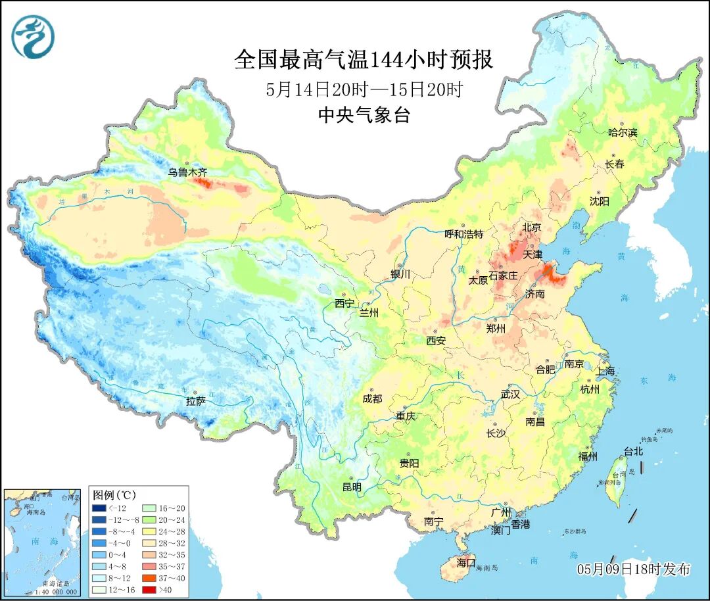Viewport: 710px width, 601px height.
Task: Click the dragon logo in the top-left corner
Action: click(x=32, y=36)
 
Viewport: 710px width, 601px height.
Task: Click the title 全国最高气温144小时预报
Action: click(x=363, y=60)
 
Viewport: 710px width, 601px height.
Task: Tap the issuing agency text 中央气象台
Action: click(x=364, y=115)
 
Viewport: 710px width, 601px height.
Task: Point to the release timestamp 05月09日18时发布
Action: click(x=634, y=569)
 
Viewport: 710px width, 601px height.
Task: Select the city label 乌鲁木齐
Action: click(x=187, y=172)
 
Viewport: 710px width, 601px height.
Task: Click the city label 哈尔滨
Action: click(x=623, y=132)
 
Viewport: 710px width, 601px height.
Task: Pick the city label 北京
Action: click(x=531, y=228)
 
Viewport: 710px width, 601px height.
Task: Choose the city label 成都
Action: click(x=371, y=398)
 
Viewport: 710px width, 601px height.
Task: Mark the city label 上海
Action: click(x=605, y=372)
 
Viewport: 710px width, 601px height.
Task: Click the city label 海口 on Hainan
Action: click(x=465, y=563)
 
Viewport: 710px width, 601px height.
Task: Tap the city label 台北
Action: click(x=633, y=452)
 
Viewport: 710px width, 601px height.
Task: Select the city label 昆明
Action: click(x=352, y=487)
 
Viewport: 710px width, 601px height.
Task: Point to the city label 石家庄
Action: click(x=504, y=275)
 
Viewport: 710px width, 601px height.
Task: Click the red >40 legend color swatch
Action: click(x=99, y=590)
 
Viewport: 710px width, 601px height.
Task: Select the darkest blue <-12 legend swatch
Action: click(x=99, y=508)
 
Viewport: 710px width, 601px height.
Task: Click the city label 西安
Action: click(x=436, y=341)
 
